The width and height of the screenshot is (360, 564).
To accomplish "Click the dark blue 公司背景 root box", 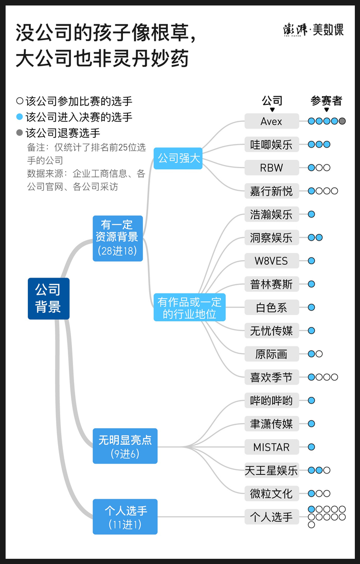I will tap(48, 298).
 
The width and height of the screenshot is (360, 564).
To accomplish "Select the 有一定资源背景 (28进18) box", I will tap(118, 238).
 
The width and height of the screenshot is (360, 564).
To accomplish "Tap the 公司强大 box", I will tap(178, 158).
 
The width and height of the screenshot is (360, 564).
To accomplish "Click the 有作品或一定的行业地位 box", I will tap(189, 308).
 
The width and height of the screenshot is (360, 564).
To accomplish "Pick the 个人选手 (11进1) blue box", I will tap(125, 517).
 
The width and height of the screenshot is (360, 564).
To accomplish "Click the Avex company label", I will tap(272, 122).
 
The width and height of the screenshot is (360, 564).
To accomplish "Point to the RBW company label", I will tap(272, 168).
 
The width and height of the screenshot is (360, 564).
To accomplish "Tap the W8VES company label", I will tap(272, 261).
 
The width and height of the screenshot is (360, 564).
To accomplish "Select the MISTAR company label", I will tap(272, 447).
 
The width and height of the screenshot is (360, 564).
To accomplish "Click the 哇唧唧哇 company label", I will tap(272, 145).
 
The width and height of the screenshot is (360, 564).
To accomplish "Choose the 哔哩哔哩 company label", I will tap(272, 401).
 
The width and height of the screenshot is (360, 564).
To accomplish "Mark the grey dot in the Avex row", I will tap(342, 121).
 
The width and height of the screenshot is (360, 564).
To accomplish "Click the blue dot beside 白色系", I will tap(311, 307).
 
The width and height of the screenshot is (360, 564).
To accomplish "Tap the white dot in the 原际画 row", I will tap(319, 354).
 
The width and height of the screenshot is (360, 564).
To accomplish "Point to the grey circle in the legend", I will tap(20, 133).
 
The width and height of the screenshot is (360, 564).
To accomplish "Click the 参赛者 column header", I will tap(326, 101).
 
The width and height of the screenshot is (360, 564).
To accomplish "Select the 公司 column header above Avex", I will tap(272, 101).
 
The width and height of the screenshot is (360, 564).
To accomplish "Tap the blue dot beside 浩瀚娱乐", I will tap(311, 214).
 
